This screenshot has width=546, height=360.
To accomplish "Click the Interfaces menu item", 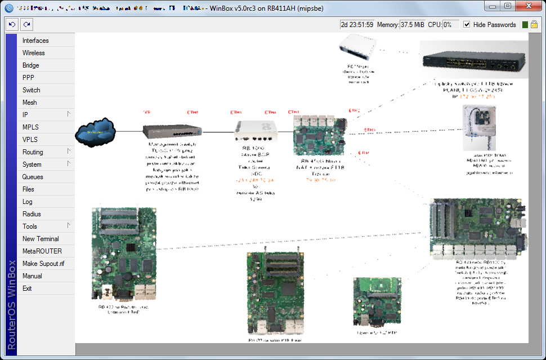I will click(x=35, y=41).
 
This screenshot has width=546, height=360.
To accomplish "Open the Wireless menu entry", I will click(x=34, y=53).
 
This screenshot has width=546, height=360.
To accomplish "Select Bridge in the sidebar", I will click(x=31, y=65).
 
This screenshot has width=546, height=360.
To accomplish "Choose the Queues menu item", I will click(x=33, y=177).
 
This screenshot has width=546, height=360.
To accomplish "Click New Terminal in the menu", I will click(x=41, y=239).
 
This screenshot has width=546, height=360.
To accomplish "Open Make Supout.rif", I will click(x=43, y=264).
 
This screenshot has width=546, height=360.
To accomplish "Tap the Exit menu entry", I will click(x=27, y=288).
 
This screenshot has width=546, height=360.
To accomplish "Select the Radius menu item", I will click(x=32, y=214).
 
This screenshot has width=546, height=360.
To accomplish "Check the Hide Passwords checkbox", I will click(x=467, y=25).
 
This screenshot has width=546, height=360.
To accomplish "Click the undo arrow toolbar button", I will click(x=12, y=25).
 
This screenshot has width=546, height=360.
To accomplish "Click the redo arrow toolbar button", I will click(x=26, y=25).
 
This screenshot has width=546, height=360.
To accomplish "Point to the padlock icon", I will click(x=534, y=25).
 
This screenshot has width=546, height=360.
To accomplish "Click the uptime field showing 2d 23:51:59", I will click(x=357, y=25).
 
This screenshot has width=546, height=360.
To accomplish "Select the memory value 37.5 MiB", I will click(x=412, y=25).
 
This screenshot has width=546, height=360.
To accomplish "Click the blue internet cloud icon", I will click(x=96, y=134).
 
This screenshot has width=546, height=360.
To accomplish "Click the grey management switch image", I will click(x=172, y=131).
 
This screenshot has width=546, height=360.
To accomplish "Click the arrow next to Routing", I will click(x=69, y=152).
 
